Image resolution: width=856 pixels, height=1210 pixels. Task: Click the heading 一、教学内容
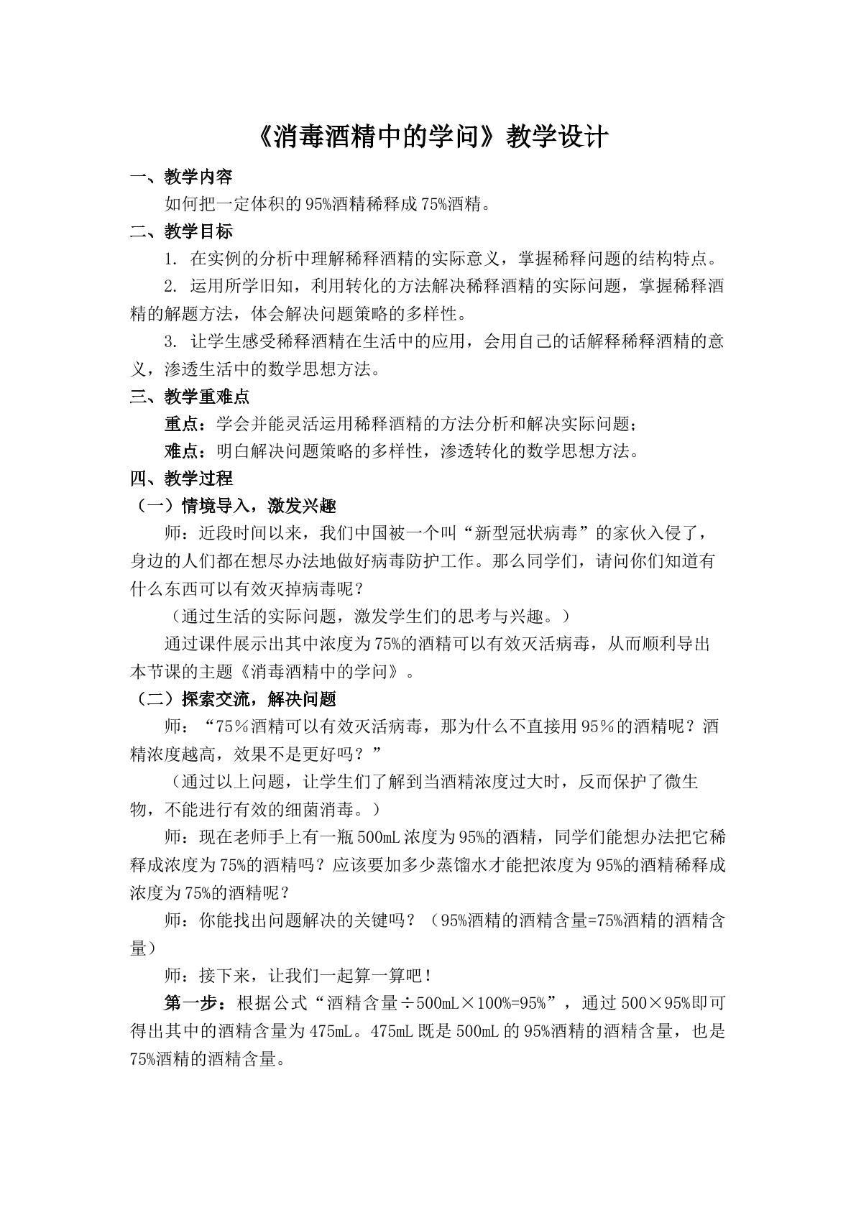(181, 177)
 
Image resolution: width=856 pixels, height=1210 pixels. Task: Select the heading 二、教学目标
(181, 231)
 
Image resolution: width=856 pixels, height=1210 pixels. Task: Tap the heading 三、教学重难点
(190, 396)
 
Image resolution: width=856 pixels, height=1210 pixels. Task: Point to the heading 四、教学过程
(181, 479)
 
